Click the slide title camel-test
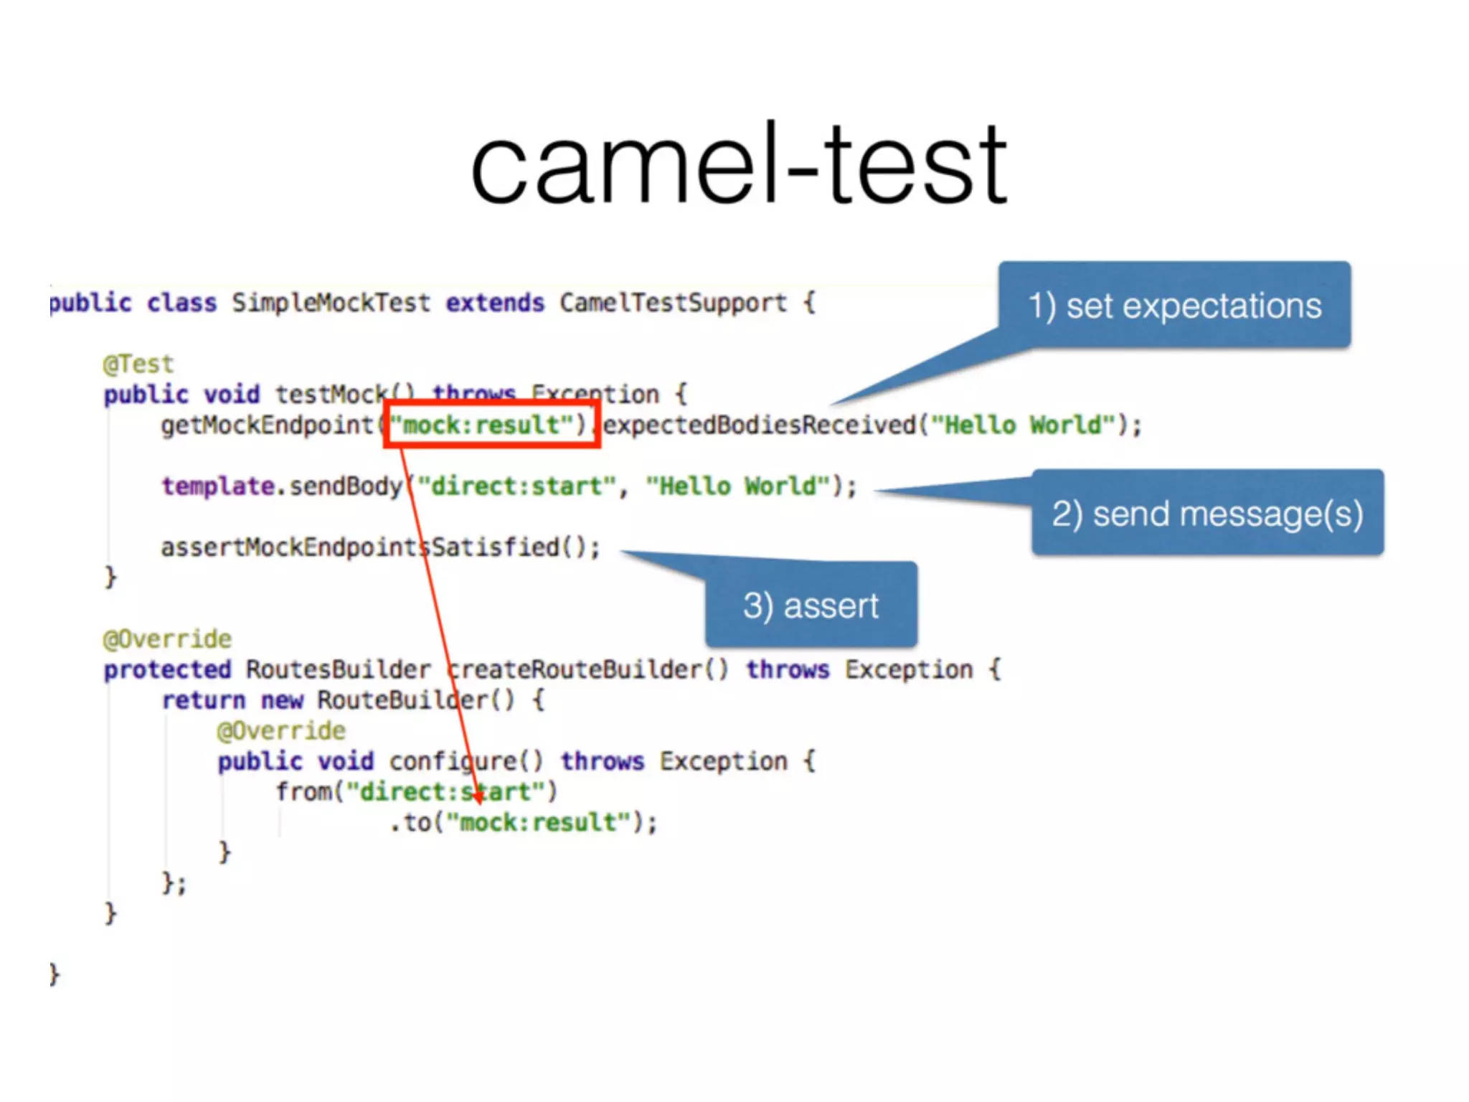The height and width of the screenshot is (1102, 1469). pos(739,165)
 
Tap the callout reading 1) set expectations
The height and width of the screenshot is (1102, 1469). pos(1174,306)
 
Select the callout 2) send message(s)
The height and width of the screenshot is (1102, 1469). pos(1207,514)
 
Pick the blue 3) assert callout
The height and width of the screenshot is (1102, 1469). pos(811,606)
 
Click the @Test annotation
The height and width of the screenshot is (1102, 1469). pos(138,364)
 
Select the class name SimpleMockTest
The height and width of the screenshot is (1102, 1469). pos(331,303)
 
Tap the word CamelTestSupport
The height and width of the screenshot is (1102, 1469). pos(673,303)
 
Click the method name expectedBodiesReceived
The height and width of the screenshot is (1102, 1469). pos(759,425)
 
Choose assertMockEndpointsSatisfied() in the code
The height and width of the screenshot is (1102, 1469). pos(380,547)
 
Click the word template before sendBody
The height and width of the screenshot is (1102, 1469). pos(218,486)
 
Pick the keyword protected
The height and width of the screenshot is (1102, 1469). pos(168,669)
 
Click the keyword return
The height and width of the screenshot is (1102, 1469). pos(204,700)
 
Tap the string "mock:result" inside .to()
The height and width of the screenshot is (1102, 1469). pos(538,822)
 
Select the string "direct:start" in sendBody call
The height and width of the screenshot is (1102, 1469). pos(517,486)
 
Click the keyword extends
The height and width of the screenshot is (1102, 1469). pos(495,303)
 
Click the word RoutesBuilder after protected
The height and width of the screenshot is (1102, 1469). pos(339,669)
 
